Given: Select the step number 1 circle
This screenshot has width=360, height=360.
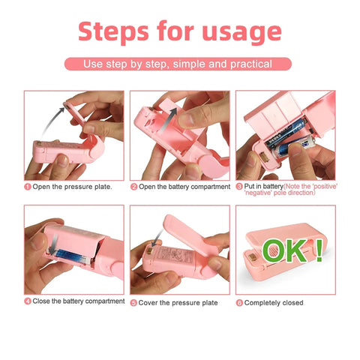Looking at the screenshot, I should (28, 186).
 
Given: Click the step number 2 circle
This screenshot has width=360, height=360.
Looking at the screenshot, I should (133, 186).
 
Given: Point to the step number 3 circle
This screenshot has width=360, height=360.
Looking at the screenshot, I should (239, 186).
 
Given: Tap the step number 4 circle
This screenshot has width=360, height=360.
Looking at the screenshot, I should (28, 301).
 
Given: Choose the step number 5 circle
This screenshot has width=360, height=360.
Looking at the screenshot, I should (133, 302).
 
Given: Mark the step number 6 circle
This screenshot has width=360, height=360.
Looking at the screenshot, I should (239, 302).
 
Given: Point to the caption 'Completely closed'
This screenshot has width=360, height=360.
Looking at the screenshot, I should (274, 302).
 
